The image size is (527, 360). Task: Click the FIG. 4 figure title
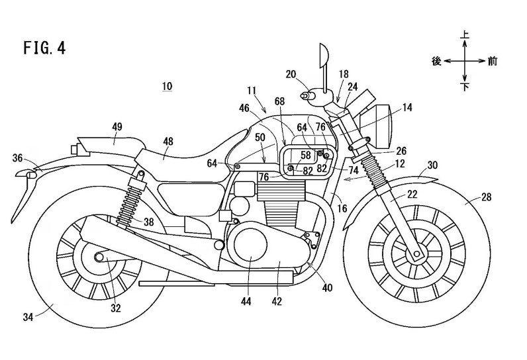tap(44, 48)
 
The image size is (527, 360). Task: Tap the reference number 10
tap(167, 86)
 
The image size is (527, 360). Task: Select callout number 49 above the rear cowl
tap(117, 127)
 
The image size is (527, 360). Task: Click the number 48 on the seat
tap(168, 142)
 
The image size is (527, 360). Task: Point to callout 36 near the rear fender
tap(17, 158)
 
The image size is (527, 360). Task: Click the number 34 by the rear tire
tap(28, 317)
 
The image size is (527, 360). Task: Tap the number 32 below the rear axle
tap(116, 308)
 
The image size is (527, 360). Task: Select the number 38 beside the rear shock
tap(148, 222)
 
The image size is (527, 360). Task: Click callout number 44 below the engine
tap(246, 302)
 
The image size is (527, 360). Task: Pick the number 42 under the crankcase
tap(277, 302)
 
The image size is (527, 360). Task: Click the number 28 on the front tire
tap(486, 197)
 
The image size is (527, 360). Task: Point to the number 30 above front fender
tap(433, 165)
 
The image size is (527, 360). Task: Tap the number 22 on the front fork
tap(412, 194)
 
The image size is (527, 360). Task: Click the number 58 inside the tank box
tap(306, 155)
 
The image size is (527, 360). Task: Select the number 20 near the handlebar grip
tap(291, 74)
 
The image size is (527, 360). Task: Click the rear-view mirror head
tap(323, 55)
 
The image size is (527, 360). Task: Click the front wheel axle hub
tap(417, 254)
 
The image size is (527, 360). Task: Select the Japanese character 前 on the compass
tap(493, 62)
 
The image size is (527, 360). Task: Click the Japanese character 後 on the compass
tap(436, 62)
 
